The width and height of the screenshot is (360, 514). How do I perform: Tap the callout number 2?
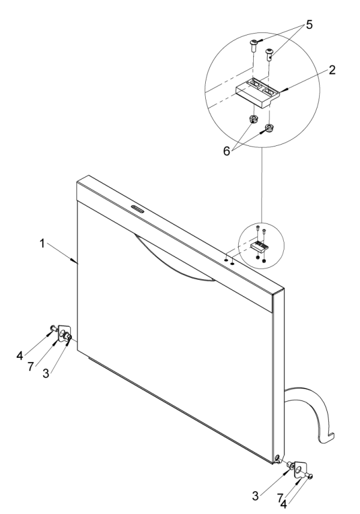click(x=331, y=69)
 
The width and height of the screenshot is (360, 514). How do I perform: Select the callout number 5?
click(x=310, y=26)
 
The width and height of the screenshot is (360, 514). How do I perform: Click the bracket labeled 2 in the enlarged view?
click(x=259, y=93)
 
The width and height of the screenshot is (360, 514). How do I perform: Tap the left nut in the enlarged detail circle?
click(x=253, y=118)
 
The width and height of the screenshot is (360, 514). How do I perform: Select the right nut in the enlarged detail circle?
click(x=269, y=127)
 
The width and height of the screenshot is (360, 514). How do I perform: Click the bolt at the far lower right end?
click(x=310, y=476)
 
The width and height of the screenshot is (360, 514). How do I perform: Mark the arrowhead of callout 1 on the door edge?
click(x=76, y=262)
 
